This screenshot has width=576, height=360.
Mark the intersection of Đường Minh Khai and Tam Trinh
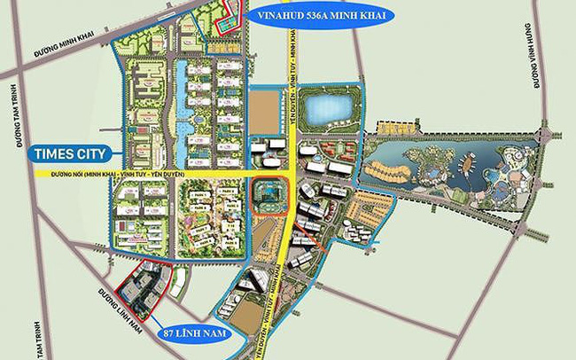coord(14,71)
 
